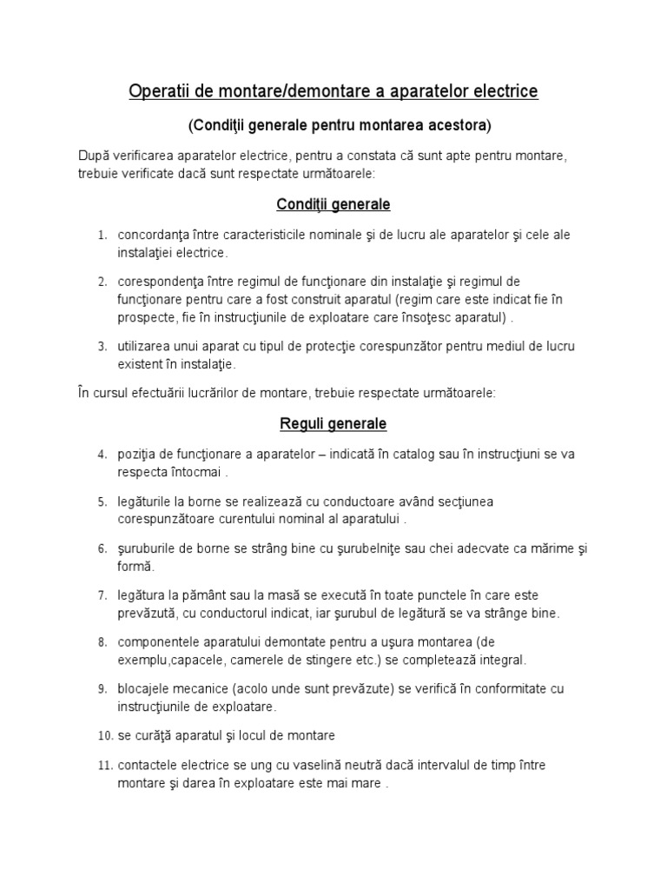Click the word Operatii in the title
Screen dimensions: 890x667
coord(155,91)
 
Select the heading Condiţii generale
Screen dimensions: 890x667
coord(333,204)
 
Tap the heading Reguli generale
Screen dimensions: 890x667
coord(333,424)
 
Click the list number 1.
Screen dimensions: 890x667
coord(102,236)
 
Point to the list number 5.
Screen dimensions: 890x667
coord(102,502)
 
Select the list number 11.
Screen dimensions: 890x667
coord(104,766)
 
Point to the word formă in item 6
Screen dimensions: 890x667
coord(135,566)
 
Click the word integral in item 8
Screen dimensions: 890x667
coord(502,660)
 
